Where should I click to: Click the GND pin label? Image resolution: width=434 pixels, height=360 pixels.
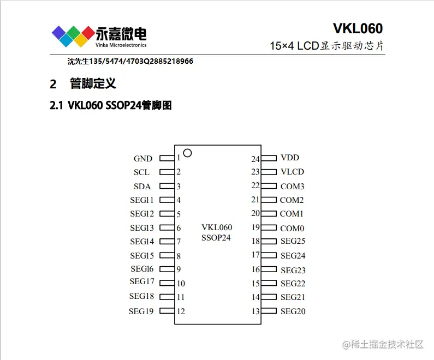tap(143, 159)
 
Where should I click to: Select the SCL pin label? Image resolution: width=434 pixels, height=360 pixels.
tap(141, 172)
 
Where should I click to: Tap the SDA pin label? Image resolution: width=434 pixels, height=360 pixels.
tap(142, 187)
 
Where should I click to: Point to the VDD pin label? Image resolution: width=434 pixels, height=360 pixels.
tap(290, 158)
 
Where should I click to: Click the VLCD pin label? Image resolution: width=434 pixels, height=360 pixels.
tap(292, 172)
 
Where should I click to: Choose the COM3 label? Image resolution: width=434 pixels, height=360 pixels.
tap(292, 187)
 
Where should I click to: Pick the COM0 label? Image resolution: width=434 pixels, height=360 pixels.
tap(292, 229)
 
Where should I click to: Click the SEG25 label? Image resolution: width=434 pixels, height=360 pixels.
tap(293, 241)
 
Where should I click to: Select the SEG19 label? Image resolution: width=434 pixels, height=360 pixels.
tap(141, 311)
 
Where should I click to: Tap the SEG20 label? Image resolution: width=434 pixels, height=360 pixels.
tap(293, 311)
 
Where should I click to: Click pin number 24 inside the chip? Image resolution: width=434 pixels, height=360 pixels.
tap(255, 159)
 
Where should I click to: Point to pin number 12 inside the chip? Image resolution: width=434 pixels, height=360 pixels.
tap(181, 311)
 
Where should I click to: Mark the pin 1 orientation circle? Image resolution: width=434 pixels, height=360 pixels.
tap(187, 153)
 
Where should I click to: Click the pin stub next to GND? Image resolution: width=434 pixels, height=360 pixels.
tap(167, 158)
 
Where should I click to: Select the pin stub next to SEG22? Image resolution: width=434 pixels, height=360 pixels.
tap(269, 283)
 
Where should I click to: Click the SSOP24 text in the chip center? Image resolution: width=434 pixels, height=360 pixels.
tap(216, 238)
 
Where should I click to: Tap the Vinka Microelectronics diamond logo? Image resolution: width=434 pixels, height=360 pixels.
tap(73, 35)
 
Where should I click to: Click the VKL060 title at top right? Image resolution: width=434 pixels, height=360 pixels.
tap(358, 28)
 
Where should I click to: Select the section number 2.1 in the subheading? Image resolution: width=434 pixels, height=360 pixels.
tap(57, 106)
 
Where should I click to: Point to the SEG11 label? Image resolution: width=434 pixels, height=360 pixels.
tap(142, 200)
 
